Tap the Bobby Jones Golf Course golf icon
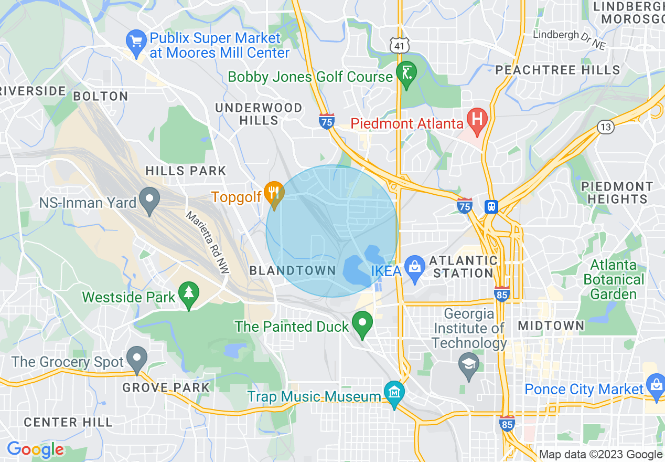tap(406, 73)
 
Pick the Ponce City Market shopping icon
tap(656, 386)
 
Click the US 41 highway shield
tap(400, 46)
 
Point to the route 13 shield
tap(605, 127)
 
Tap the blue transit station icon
tap(491, 206)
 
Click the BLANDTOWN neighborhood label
tap(292, 271)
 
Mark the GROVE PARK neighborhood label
tap(166, 388)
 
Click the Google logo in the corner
tap(35, 450)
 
